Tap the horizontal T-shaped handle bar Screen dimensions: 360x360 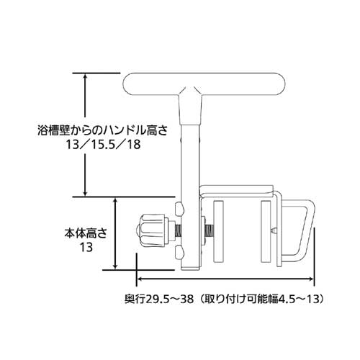[x=204, y=84]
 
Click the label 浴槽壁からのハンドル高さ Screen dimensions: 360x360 [x=102, y=131]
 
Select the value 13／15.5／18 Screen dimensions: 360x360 [x=103, y=145]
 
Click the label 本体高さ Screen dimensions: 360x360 [x=86, y=233]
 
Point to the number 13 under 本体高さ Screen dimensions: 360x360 [x=86, y=247]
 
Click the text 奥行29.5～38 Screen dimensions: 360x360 [x=159, y=299]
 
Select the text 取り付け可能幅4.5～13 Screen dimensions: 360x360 [x=260, y=299]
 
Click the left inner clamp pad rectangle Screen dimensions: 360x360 [x=218, y=231]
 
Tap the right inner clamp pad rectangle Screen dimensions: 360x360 [x=266, y=231]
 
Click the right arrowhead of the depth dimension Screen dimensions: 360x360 [x=310, y=279]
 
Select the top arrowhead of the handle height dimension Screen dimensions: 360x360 [x=85, y=77]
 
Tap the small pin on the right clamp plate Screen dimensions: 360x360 [x=274, y=230]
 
